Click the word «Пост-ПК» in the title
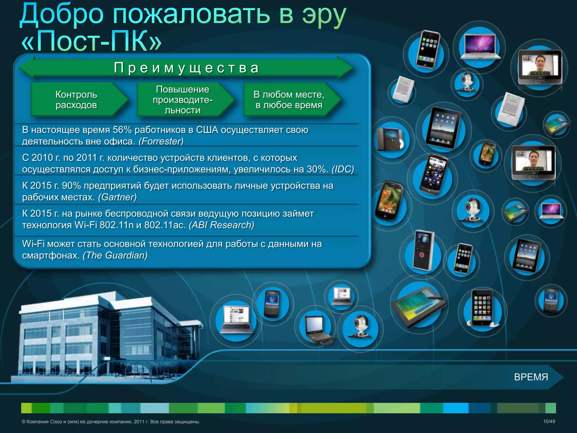pyautogui.click(x=92, y=41)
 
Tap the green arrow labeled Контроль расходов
pyautogui.click(x=77, y=100)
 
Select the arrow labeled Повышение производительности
pyautogui.click(x=183, y=100)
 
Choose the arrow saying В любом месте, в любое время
pyautogui.click(x=289, y=100)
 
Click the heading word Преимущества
pyautogui.click(x=186, y=68)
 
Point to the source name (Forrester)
pyautogui.click(x=161, y=141)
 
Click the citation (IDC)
pyautogui.click(x=343, y=169)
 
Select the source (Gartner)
pyautogui.click(x=117, y=197)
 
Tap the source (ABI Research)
pyautogui.click(x=221, y=225)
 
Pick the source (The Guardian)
pyautogui.click(x=115, y=255)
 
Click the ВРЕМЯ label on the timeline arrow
pyautogui.click(x=531, y=377)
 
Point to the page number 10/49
pyautogui.click(x=549, y=421)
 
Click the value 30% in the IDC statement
pyautogui.click(x=318, y=169)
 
